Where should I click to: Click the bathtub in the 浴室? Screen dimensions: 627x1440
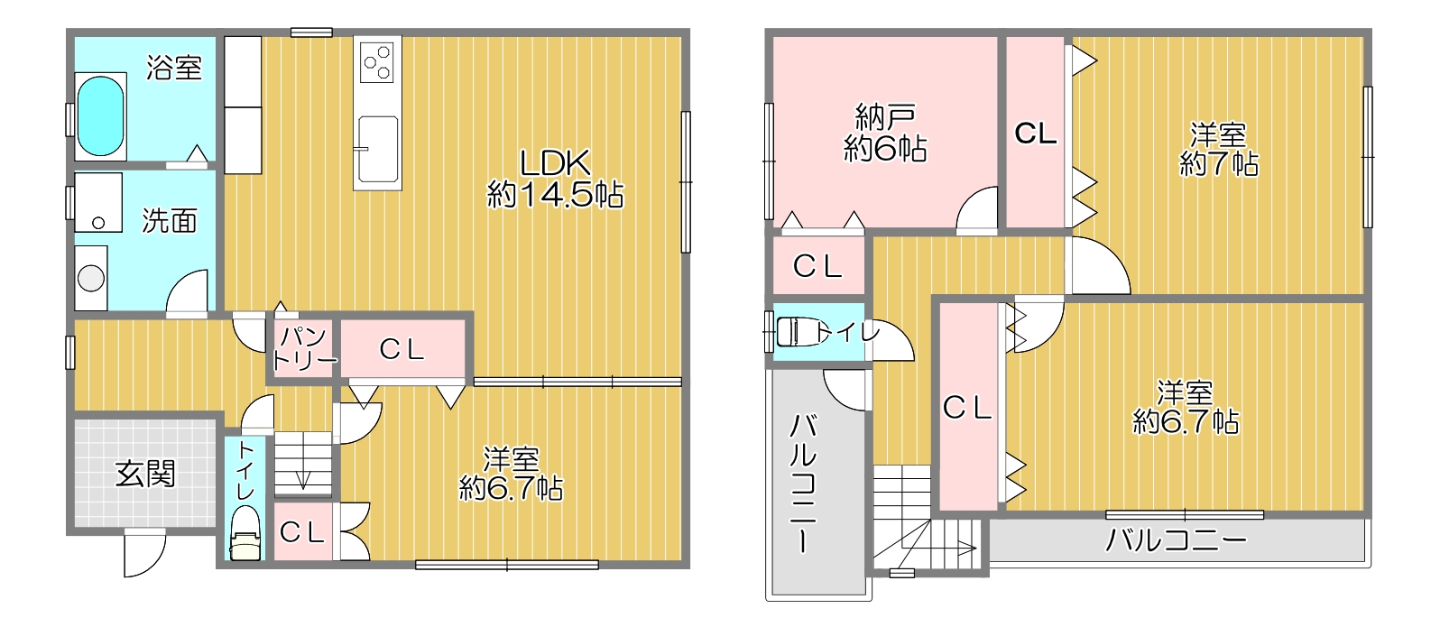tap(100, 117)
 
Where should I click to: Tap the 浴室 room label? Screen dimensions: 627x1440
tap(174, 68)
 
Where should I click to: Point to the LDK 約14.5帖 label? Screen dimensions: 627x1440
tap(555, 179)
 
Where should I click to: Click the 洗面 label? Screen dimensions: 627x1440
tap(169, 221)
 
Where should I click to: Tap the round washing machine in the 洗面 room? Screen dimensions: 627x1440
tap(91, 277)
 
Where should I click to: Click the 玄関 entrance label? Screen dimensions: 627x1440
tap(145, 474)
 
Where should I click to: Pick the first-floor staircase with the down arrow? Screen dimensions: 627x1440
tap(302, 463)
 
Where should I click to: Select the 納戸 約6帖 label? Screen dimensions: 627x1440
tap(885, 133)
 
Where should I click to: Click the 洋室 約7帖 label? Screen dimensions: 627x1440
tap(1218, 150)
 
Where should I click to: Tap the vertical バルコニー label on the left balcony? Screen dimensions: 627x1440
tap(803, 483)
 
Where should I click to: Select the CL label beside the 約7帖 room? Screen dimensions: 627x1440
tap(1035, 134)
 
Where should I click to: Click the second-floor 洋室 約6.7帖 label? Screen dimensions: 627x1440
tap(1186, 408)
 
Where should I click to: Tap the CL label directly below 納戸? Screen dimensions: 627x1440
tap(817, 266)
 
